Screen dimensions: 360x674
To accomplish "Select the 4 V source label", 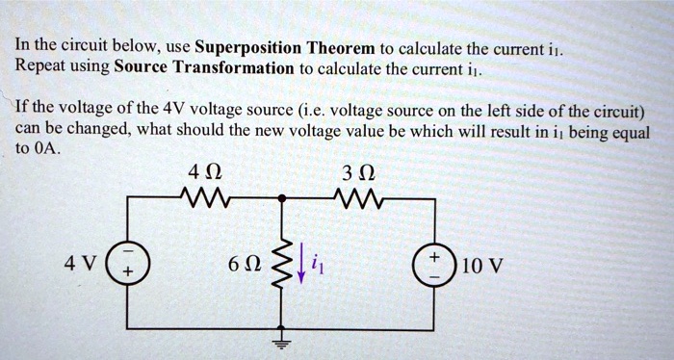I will click(81, 263).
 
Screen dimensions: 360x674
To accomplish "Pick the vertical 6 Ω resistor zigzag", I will click(281, 262).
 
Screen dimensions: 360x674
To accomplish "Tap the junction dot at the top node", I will click(281, 200).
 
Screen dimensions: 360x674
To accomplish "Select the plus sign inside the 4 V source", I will click(127, 273).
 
